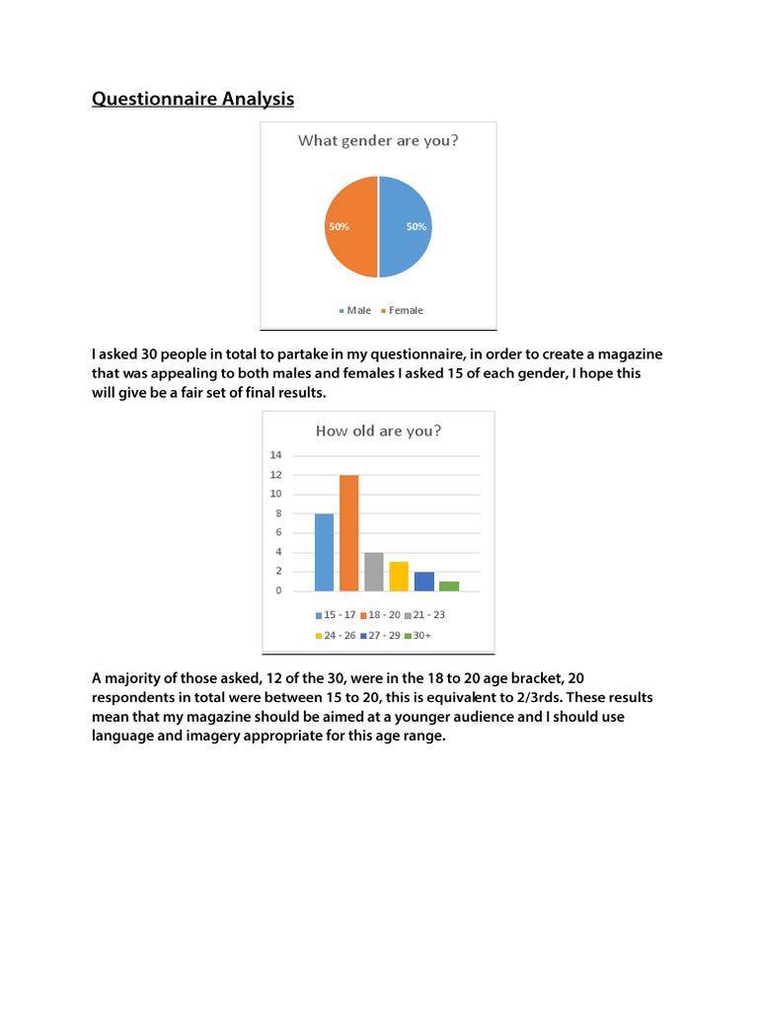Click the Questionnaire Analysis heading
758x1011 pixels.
(x=192, y=99)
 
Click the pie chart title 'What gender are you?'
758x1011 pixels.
(x=378, y=140)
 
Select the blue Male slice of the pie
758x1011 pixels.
(x=404, y=247)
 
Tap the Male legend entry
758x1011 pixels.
(x=355, y=310)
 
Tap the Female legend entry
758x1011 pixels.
(x=402, y=310)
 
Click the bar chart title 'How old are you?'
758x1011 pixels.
(x=378, y=430)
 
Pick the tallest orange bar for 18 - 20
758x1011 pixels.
(x=349, y=533)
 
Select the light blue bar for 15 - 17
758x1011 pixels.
(x=324, y=552)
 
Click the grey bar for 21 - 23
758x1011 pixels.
(x=374, y=572)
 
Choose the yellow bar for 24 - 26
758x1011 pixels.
(x=399, y=577)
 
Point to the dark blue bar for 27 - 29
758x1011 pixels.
(x=423, y=582)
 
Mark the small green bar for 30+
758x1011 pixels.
(x=449, y=586)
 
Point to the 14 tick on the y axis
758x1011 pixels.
(x=275, y=455)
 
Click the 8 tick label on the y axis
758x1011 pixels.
(x=278, y=513)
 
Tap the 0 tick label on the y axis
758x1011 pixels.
(x=278, y=590)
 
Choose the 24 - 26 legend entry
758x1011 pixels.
(x=337, y=635)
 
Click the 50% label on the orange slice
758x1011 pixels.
(x=339, y=226)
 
